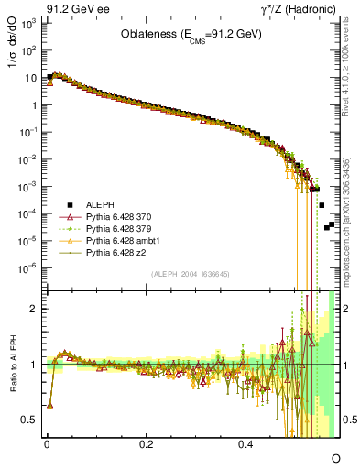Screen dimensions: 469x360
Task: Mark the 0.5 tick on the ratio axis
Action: tap(31, 420)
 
